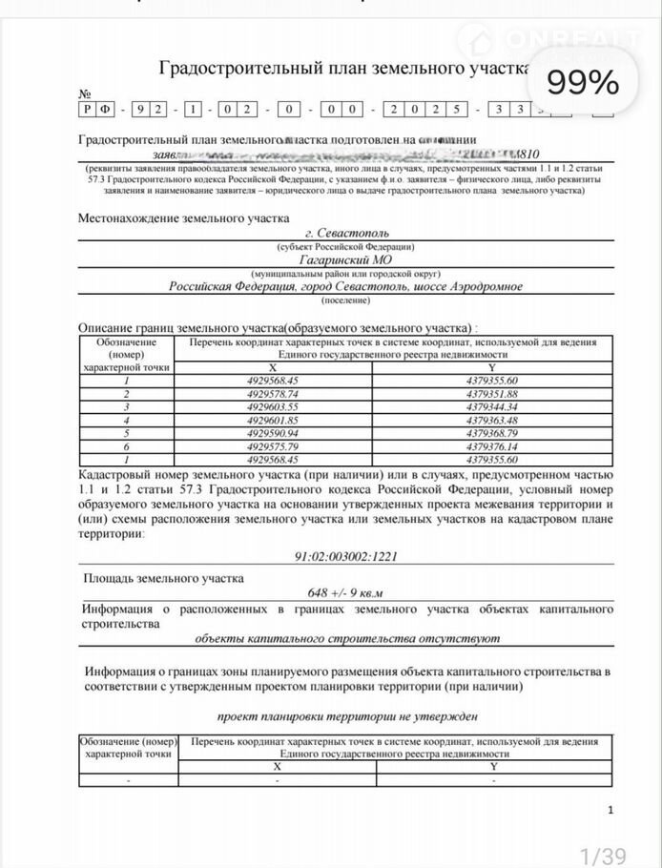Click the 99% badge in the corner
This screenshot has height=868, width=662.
pyautogui.click(x=583, y=83)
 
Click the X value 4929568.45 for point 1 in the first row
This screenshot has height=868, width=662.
pyautogui.click(x=272, y=380)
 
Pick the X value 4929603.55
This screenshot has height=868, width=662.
pyautogui.click(x=272, y=406)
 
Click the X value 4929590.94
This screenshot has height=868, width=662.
pyautogui.click(x=272, y=432)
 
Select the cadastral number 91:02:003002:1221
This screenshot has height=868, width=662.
pyautogui.click(x=347, y=556)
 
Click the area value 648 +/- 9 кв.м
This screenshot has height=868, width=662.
pyautogui.click(x=347, y=592)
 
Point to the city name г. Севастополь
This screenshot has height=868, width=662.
pyautogui.click(x=347, y=232)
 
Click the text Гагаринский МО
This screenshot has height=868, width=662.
pyautogui.click(x=347, y=259)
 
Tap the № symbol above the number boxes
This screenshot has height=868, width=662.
pyautogui.click(x=85, y=94)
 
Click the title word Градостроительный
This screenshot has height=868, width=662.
pyautogui.click(x=229, y=69)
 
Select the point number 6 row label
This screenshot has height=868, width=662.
pyautogui.click(x=126, y=445)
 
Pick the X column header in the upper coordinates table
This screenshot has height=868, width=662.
pyautogui.click(x=272, y=366)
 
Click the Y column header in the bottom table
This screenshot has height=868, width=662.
pyautogui.click(x=493, y=766)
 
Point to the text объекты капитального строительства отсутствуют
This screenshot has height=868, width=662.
pyautogui.click(x=347, y=638)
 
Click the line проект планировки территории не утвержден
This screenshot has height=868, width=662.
pyautogui.click(x=347, y=715)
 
